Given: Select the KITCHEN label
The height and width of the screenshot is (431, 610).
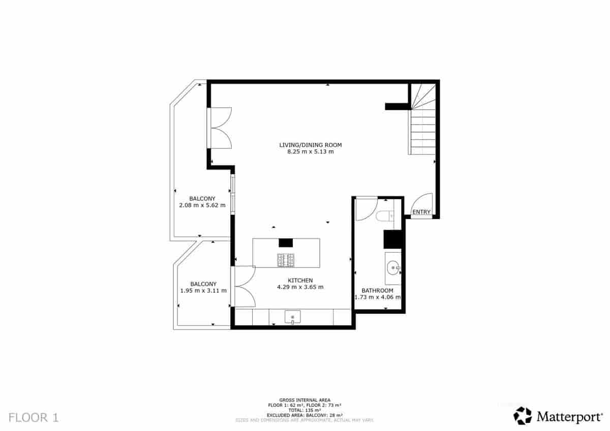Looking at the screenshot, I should click(300, 280).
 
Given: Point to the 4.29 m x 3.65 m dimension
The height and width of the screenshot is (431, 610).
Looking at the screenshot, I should click(300, 287).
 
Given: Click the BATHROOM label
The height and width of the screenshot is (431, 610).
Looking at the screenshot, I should click(377, 290).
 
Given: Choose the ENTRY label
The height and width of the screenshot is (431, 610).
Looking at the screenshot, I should click(421, 212).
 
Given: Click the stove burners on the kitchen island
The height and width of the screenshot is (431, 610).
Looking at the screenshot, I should click(286, 260).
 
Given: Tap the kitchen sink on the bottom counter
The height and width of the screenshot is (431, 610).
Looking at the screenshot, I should click(292, 317).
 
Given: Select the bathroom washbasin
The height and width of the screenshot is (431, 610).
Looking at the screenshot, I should click(393, 266).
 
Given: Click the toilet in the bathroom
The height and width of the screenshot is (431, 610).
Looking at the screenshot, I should click(385, 217).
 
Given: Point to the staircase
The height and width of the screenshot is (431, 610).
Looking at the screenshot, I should click(422, 122).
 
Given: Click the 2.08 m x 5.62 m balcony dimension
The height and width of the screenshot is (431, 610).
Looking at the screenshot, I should click(202, 205).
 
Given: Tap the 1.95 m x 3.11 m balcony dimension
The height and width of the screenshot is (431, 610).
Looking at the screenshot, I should click(203, 291).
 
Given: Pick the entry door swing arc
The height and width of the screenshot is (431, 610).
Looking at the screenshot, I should click(423, 202).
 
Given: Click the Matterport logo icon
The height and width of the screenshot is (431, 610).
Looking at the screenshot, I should click(522, 415).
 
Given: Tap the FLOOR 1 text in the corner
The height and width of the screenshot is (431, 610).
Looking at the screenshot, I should click(34, 418).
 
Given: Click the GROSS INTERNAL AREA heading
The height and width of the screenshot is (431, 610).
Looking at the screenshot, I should click(304, 400).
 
